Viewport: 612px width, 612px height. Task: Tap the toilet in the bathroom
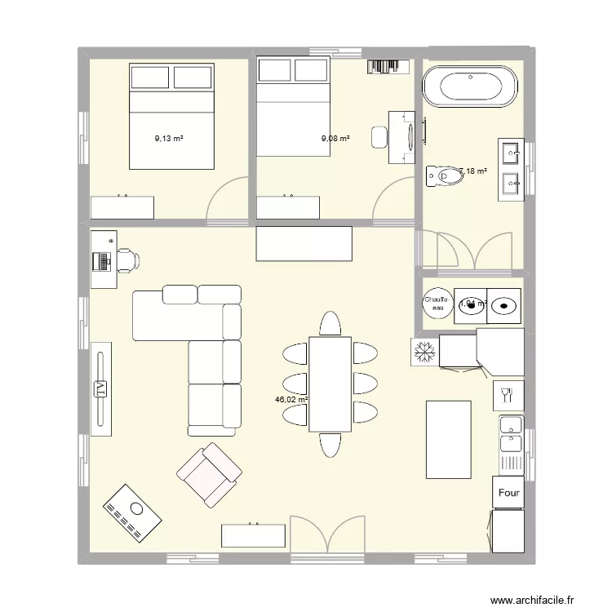445,174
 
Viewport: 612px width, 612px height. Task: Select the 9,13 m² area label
169,139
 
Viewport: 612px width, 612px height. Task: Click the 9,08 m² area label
335,139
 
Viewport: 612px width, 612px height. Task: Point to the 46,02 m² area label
291,400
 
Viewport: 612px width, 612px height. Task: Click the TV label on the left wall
101,388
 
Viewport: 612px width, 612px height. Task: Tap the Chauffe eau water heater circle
436,303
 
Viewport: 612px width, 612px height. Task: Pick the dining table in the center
330,384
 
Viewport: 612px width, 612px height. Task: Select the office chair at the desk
128,260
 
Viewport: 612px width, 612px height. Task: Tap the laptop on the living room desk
102,261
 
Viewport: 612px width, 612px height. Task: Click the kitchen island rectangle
449,439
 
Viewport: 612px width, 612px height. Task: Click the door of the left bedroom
227,202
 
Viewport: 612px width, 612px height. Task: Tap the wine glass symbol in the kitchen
507,397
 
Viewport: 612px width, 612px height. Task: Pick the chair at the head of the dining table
330,323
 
